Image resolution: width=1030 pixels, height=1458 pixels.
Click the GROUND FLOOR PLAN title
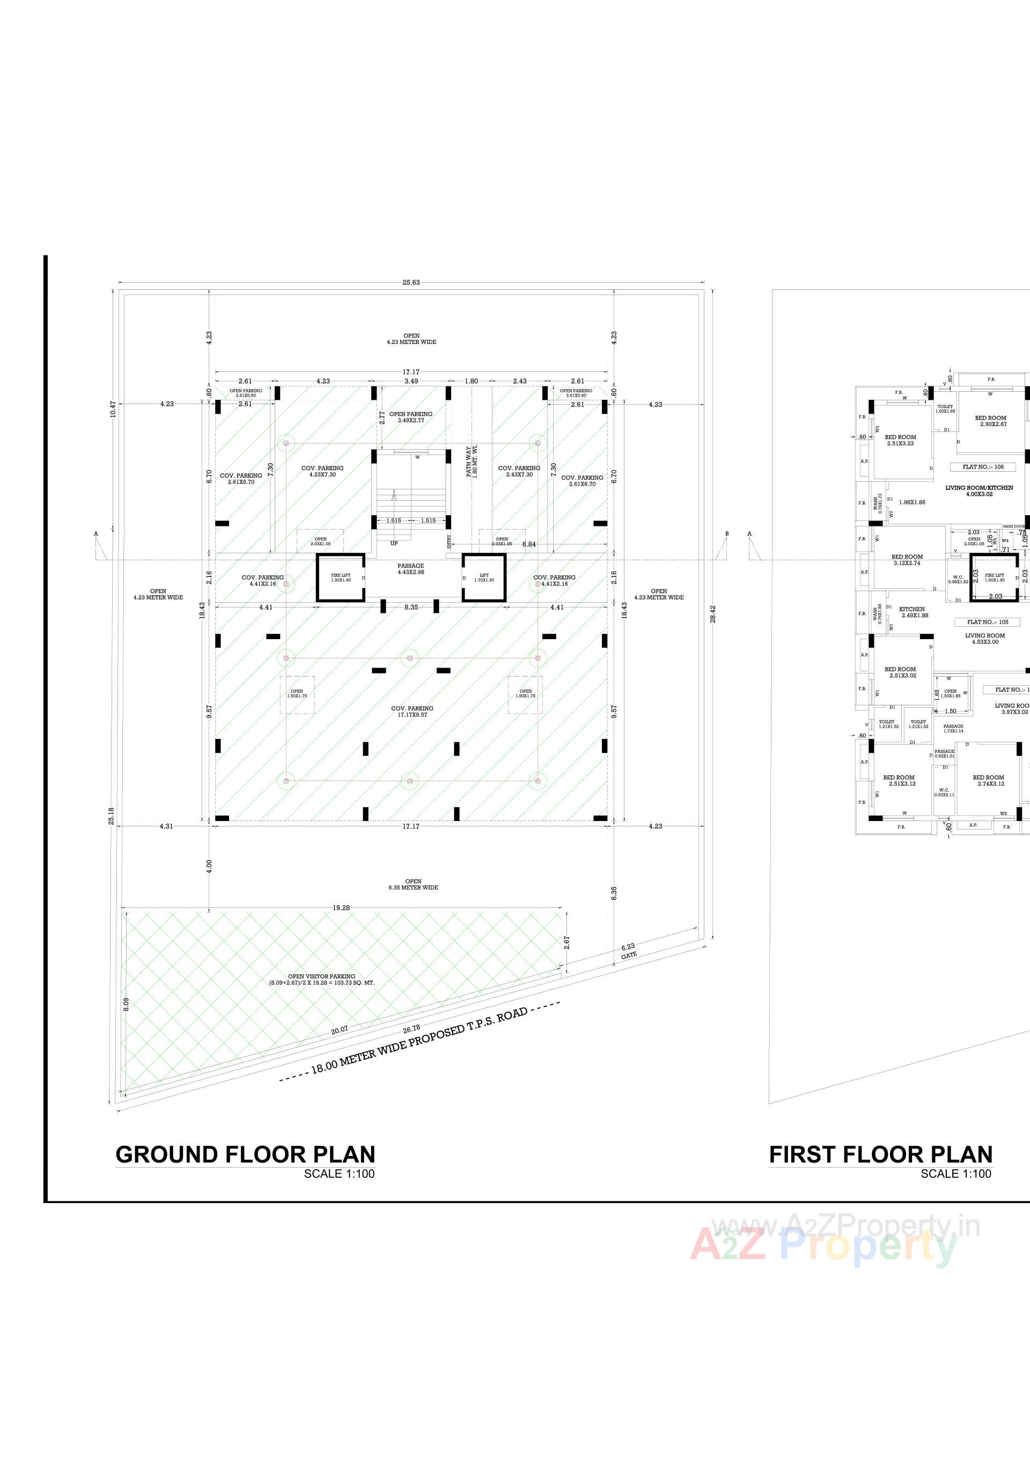[245, 1154]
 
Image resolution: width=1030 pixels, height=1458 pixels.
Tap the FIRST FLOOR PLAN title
[880, 1154]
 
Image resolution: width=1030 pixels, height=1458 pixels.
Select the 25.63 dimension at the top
[411, 283]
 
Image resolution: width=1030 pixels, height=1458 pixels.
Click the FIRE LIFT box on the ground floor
[341, 577]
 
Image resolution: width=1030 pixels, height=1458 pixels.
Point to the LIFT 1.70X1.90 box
[484, 577]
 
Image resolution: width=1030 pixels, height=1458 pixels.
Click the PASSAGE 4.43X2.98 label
[411, 568]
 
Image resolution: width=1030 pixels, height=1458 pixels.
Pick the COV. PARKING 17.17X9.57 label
[412, 711]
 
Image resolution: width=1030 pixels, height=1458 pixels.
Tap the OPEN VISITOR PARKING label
[322, 979]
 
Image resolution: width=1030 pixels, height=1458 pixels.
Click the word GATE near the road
[629, 955]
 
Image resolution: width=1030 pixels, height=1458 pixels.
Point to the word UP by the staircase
[394, 544]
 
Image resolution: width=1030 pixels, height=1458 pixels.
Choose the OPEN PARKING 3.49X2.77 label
[411, 416]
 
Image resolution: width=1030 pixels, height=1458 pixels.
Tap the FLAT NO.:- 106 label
[983, 467]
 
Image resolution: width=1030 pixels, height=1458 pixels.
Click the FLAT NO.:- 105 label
[988, 622]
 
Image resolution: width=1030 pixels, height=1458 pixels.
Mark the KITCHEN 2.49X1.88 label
[913, 612]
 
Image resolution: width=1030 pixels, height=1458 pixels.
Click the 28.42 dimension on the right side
[713, 613]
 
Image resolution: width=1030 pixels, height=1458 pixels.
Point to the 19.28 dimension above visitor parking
[341, 908]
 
